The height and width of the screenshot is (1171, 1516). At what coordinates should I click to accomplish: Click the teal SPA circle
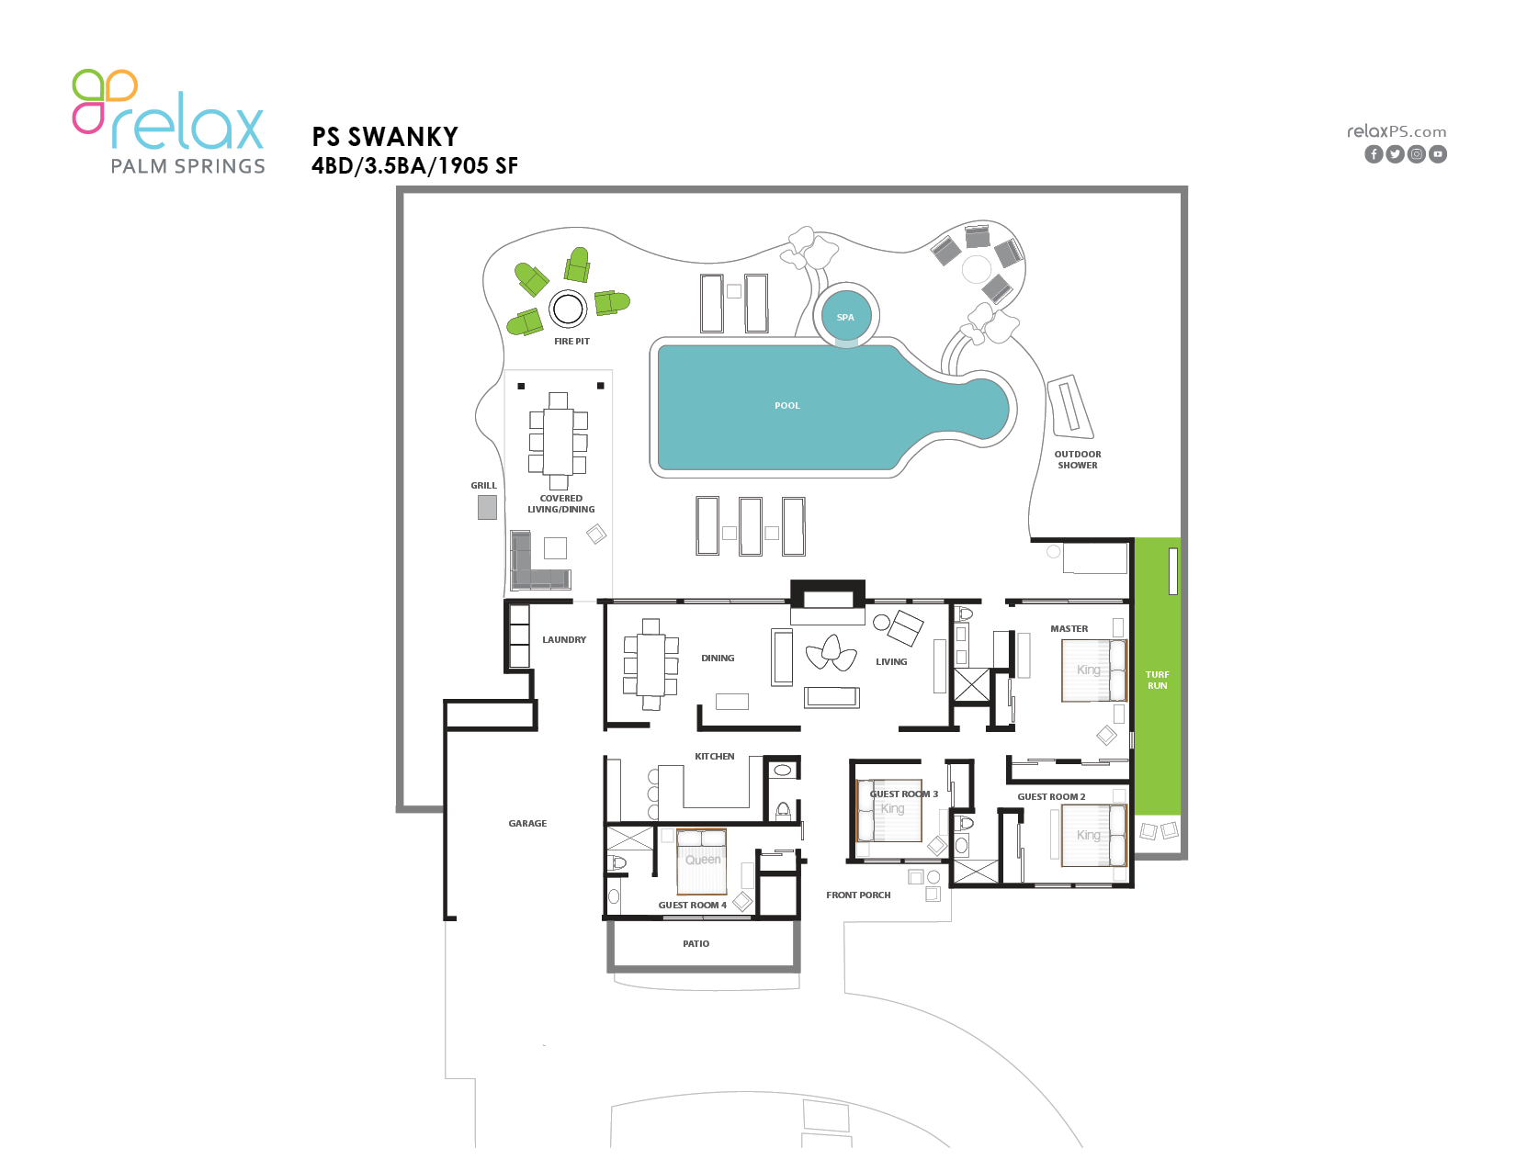tap(845, 317)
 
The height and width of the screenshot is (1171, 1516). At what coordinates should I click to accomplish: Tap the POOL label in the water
tap(787, 405)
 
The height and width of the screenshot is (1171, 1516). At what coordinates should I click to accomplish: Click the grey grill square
tap(487, 507)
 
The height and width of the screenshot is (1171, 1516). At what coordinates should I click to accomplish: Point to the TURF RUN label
tap(1157, 680)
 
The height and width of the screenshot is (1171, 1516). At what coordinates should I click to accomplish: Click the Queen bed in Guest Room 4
tap(701, 861)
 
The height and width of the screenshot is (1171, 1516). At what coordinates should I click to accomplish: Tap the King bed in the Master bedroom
tap(1093, 670)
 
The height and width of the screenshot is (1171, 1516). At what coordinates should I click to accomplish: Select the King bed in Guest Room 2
tap(1093, 836)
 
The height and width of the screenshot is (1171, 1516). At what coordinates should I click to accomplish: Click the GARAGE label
tap(527, 823)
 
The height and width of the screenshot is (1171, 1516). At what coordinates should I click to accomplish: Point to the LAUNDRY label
tap(564, 639)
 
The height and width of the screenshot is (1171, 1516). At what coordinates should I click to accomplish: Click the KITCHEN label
tap(715, 756)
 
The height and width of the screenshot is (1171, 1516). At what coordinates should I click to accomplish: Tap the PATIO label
tap(696, 943)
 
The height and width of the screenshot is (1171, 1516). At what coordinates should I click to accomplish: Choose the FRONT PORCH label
tap(858, 895)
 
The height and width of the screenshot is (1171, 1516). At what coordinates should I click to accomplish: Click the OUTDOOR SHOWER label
tap(1077, 459)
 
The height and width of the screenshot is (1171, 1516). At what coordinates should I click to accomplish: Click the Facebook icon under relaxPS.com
tap(1373, 154)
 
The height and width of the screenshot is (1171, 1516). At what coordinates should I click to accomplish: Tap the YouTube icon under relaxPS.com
tap(1437, 154)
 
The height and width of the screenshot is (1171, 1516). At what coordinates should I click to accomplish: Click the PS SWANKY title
tap(384, 137)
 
